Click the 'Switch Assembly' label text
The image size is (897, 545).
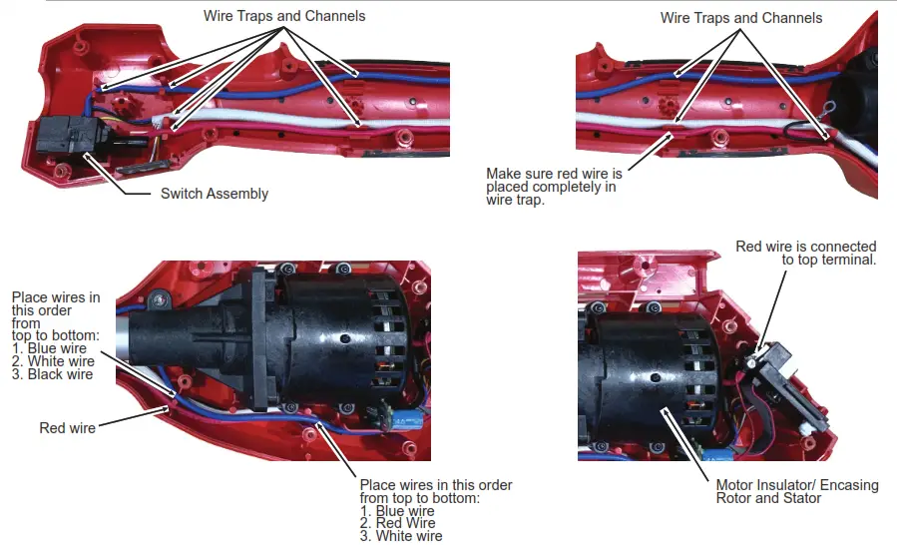(x=214, y=194)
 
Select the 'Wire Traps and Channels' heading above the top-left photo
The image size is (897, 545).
(x=284, y=16)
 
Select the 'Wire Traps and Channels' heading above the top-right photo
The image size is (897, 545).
(x=741, y=18)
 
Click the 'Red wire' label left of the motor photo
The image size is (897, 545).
(x=68, y=428)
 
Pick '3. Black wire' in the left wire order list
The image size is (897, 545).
(x=53, y=374)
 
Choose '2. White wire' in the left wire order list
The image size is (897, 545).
(x=53, y=361)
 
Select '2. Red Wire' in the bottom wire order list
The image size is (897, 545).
(x=398, y=523)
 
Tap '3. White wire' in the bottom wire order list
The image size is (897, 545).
(x=401, y=536)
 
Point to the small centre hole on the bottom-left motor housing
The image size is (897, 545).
(x=345, y=339)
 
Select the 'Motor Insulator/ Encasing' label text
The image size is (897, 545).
(x=797, y=485)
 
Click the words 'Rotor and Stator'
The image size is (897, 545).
(x=768, y=498)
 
